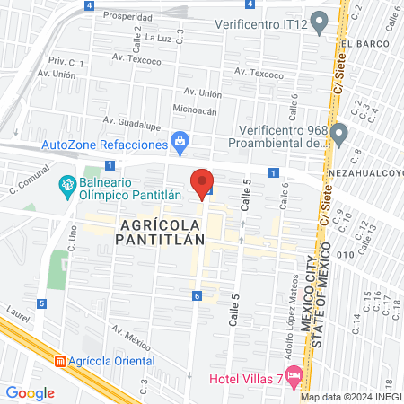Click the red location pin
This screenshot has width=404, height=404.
tap(202, 183)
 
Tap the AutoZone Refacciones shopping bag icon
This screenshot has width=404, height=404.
tap(180, 142)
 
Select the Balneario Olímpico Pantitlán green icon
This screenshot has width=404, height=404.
tap(66, 187)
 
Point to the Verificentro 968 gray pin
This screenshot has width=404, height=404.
tap(338, 134)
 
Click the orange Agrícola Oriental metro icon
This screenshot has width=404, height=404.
tap(60, 361)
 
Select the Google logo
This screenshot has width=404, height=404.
tap(30, 392)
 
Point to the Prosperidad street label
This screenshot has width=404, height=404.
tap(127, 16)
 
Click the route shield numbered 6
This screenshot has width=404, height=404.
tap(196, 295)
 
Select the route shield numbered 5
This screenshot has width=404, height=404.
tap(41, 303)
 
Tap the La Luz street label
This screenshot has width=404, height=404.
tap(158, 39)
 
